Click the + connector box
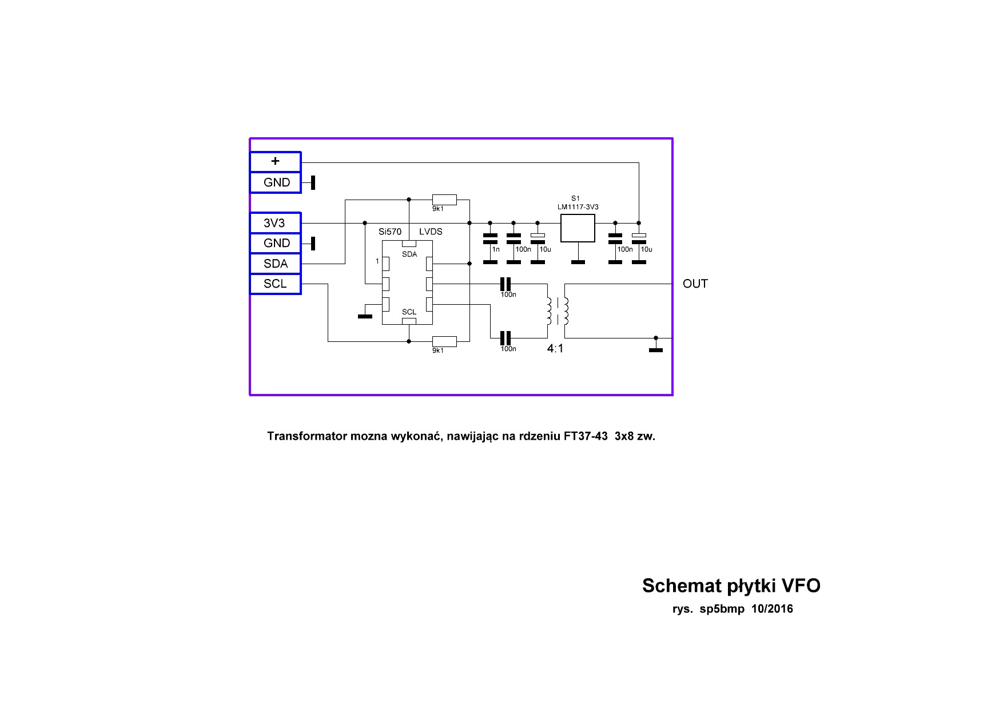[275, 162]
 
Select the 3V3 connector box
[275, 223]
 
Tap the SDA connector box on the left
[275, 264]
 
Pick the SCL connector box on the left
[275, 284]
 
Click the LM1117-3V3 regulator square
[578, 228]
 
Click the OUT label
[695, 284]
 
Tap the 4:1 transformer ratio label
[555, 348]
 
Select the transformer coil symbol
[557, 311]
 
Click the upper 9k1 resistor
[444, 200]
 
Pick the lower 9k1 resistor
[444, 341]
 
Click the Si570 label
[390, 232]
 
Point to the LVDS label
[431, 232]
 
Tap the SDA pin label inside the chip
[409, 254]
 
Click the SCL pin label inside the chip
[409, 312]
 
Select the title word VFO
[801, 585]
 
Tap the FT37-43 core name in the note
[586, 436]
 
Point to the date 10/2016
[772, 609]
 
